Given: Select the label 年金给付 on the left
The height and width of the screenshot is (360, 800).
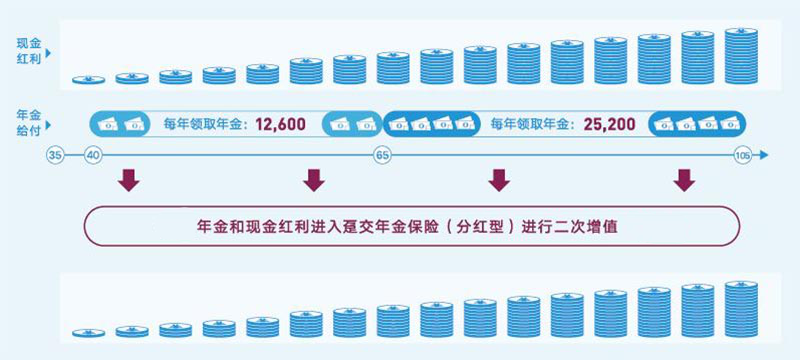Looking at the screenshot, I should point(28,122).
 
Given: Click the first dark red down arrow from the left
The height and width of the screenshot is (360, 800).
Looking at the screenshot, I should point(127,180).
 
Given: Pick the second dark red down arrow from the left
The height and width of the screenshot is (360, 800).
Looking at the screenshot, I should point(314,180).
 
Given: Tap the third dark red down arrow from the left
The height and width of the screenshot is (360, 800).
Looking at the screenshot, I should point(498,180).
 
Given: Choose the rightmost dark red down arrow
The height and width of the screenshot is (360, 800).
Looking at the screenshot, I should point(684,180).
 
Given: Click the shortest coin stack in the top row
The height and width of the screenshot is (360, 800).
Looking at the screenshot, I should point(88,79).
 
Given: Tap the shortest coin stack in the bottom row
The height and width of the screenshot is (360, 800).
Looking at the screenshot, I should point(88,332).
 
